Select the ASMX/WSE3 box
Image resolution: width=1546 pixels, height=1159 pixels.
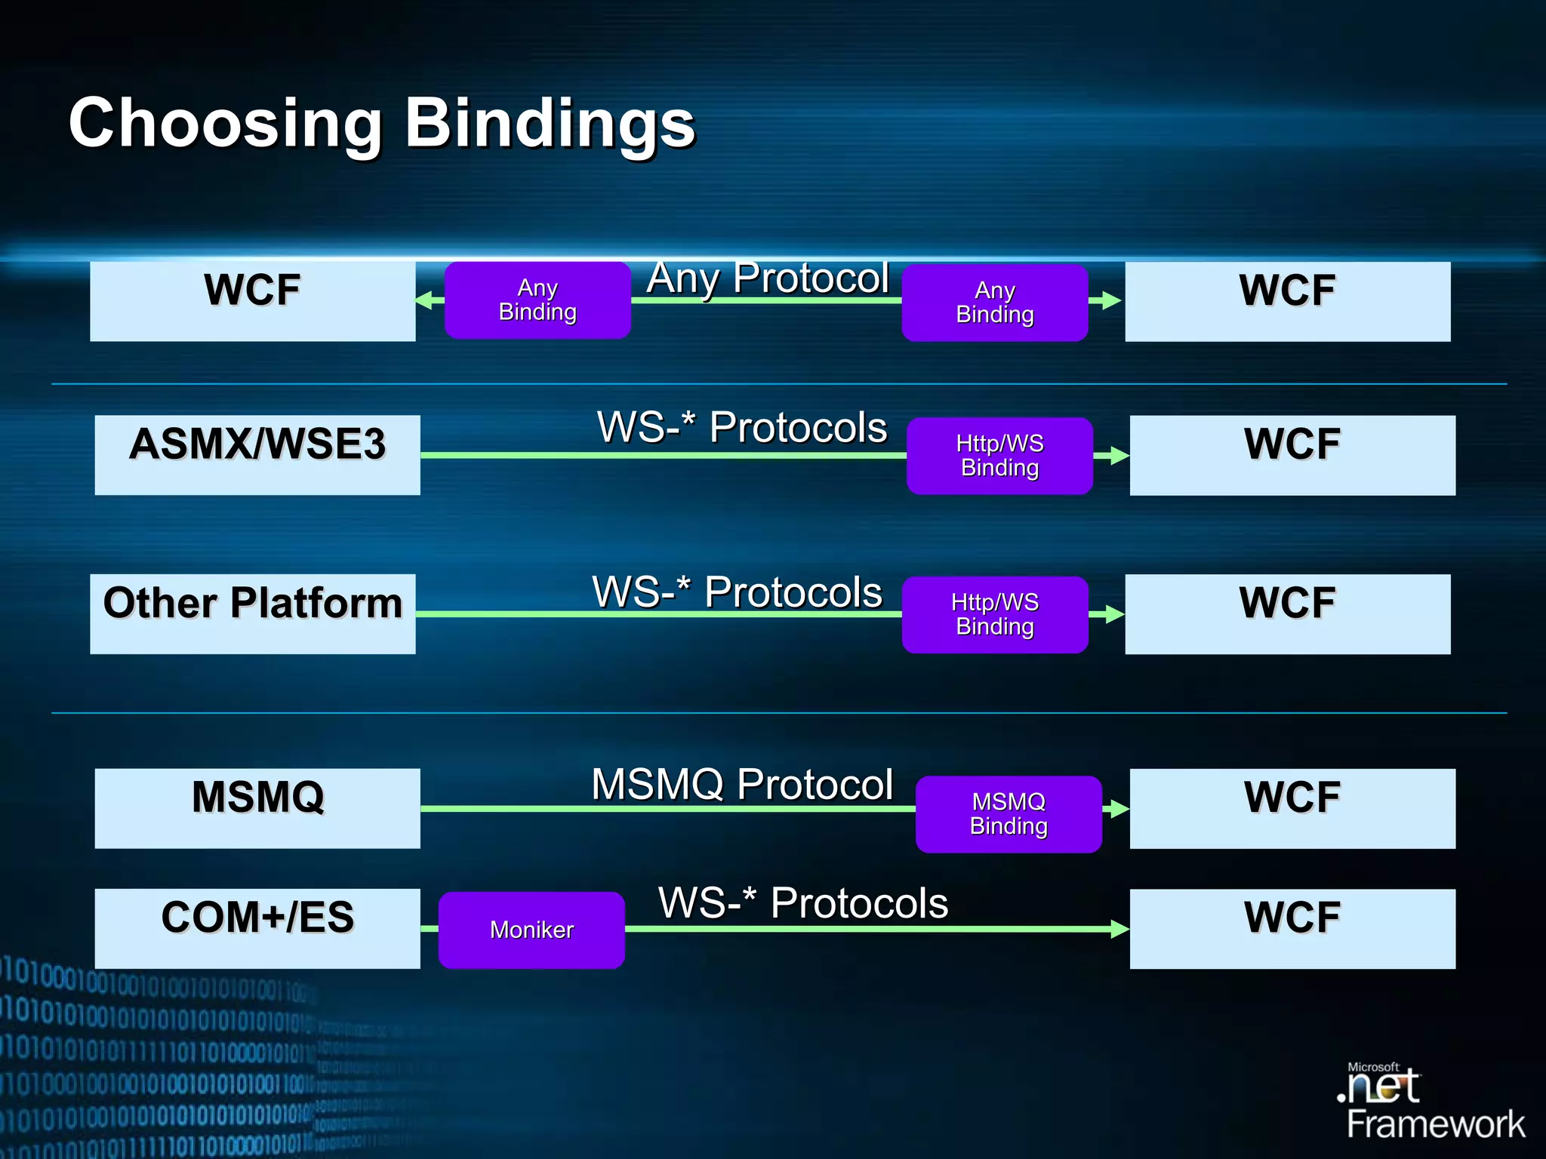[257, 455]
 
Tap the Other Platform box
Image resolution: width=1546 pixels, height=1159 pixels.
[252, 613]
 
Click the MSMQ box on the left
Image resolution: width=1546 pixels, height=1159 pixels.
[257, 808]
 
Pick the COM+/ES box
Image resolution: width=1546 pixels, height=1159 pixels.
[257, 928]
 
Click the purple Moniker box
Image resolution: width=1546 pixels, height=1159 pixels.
[531, 930]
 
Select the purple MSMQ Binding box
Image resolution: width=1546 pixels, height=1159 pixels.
[1009, 814]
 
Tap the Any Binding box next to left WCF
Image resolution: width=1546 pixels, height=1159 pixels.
[537, 300]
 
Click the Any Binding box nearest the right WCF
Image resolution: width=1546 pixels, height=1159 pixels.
[995, 303]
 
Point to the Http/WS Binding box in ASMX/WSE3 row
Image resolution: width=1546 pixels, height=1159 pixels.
[999, 456]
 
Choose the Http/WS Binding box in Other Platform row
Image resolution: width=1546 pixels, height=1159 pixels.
[995, 614]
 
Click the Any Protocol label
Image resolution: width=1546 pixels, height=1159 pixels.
[767, 278]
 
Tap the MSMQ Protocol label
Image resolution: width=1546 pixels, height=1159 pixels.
[742, 784]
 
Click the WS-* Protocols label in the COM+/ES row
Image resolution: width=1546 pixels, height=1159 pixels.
[802, 902]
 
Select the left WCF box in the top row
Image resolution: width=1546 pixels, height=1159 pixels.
[252, 301]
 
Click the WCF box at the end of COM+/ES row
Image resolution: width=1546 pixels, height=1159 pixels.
[1292, 928]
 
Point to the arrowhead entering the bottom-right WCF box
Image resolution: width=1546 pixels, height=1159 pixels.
[1119, 929]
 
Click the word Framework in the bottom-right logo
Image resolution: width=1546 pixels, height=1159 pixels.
[1435, 1124]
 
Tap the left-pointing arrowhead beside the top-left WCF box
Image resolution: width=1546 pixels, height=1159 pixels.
[424, 300]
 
